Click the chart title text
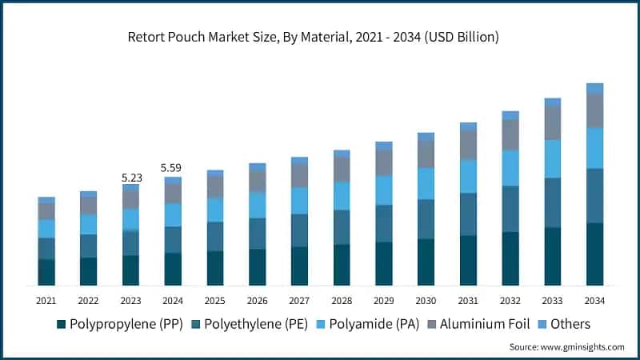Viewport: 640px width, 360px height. (x=320, y=38)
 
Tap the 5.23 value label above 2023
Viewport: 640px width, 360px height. (x=131, y=178)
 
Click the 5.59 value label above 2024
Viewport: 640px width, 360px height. (x=173, y=168)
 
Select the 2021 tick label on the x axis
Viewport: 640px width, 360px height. (x=46, y=300)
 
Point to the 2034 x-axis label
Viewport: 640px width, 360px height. (x=594, y=300)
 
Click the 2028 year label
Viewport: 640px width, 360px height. (x=342, y=300)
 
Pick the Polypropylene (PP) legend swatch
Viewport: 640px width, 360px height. (x=61, y=325)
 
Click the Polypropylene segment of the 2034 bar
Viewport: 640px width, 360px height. (x=594, y=254)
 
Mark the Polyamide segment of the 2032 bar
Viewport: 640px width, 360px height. (x=510, y=168)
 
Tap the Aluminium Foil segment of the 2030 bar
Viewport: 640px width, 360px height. (x=426, y=154)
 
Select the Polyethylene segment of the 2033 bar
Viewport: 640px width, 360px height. (x=553, y=202)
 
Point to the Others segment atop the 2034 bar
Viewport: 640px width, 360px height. (x=594, y=88)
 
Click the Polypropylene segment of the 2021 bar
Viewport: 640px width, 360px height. (x=46, y=272)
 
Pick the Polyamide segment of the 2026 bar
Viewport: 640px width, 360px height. (x=258, y=205)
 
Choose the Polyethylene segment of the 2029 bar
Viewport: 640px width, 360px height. (x=384, y=223)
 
